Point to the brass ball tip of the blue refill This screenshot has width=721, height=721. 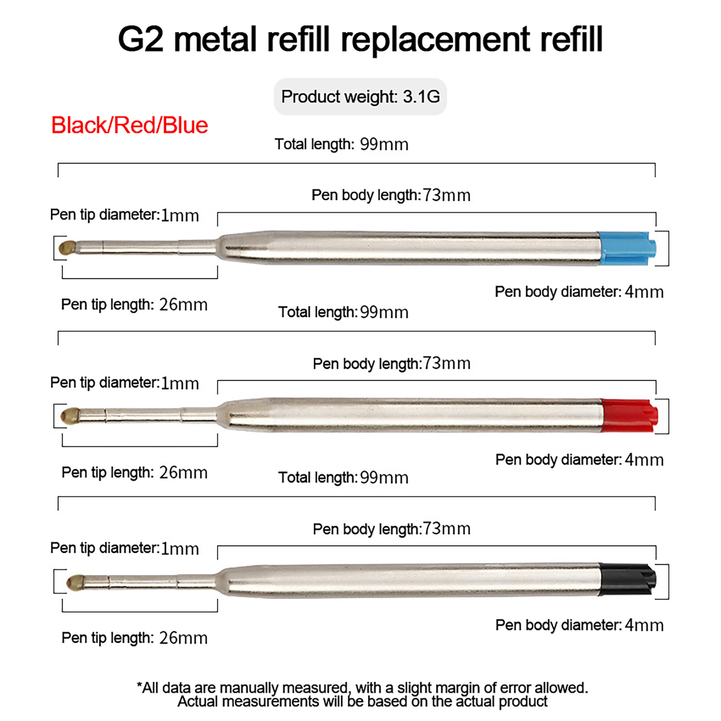67,248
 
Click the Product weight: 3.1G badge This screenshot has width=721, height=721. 360,97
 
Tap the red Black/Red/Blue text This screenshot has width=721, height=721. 130,125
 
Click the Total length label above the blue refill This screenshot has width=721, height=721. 342,144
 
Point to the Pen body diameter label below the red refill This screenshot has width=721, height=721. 580,460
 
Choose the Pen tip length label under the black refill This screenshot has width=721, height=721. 134,638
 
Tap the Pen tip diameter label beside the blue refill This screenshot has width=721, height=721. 124,215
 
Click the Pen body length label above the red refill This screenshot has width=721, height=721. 392,364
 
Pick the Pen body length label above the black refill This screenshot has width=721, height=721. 392,529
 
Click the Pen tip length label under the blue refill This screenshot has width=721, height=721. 134,305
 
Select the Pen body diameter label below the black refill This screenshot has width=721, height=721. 580,625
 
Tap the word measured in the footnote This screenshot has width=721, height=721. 314,688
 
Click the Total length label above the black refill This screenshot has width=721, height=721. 343,478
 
